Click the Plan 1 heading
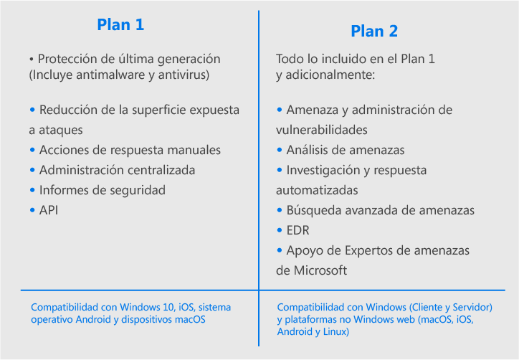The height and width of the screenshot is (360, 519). (120, 25)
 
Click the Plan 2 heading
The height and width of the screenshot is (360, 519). (374, 31)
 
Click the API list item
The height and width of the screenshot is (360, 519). (49, 210)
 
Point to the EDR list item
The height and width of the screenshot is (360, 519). (298, 230)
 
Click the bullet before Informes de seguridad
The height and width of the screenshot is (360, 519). (32, 190)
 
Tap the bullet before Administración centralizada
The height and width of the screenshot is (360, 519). (32, 170)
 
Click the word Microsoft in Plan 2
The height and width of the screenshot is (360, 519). (320, 270)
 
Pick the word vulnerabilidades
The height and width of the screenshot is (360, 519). (322, 130)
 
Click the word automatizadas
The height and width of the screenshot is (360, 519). (317, 191)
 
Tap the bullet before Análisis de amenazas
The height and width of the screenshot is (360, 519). (280, 150)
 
